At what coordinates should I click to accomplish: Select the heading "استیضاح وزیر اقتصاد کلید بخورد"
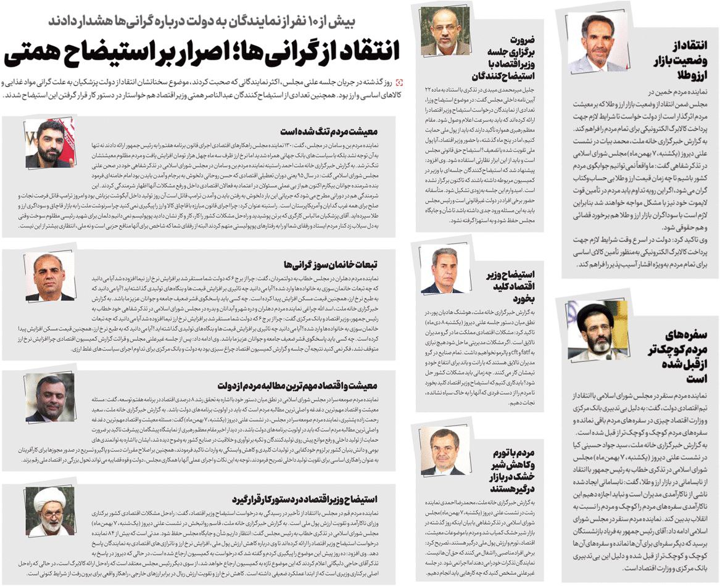pyautogui.click(x=508, y=285)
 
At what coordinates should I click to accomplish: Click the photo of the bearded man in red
pyautogui.click(x=49, y=144)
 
